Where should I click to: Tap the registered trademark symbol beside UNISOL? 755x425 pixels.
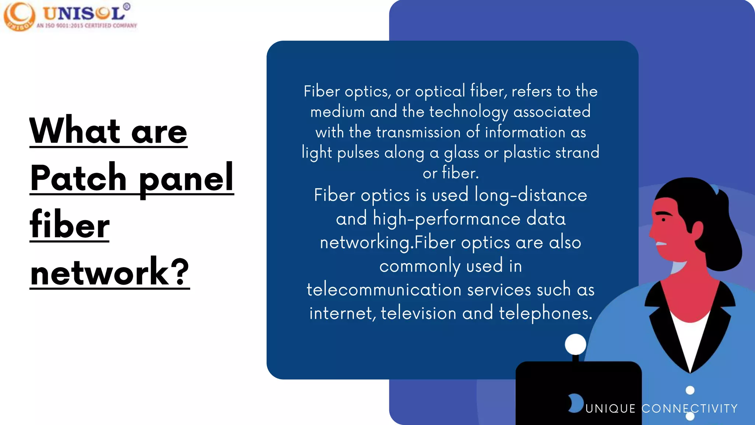(x=127, y=7)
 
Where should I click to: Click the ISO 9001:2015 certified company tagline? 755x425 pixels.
(x=87, y=25)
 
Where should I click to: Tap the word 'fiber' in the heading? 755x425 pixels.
(x=70, y=225)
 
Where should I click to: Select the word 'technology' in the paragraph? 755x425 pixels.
(x=469, y=112)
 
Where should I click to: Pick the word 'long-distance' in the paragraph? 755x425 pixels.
(x=530, y=195)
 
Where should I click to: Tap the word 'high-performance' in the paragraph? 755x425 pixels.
(x=446, y=218)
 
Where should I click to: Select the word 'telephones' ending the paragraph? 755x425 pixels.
(x=545, y=313)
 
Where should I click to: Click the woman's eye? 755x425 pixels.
(x=663, y=220)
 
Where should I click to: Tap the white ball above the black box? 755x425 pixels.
(x=575, y=344)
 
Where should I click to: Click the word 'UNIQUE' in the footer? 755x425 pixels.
(x=610, y=409)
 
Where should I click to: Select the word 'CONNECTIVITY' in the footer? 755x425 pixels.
(x=689, y=409)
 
